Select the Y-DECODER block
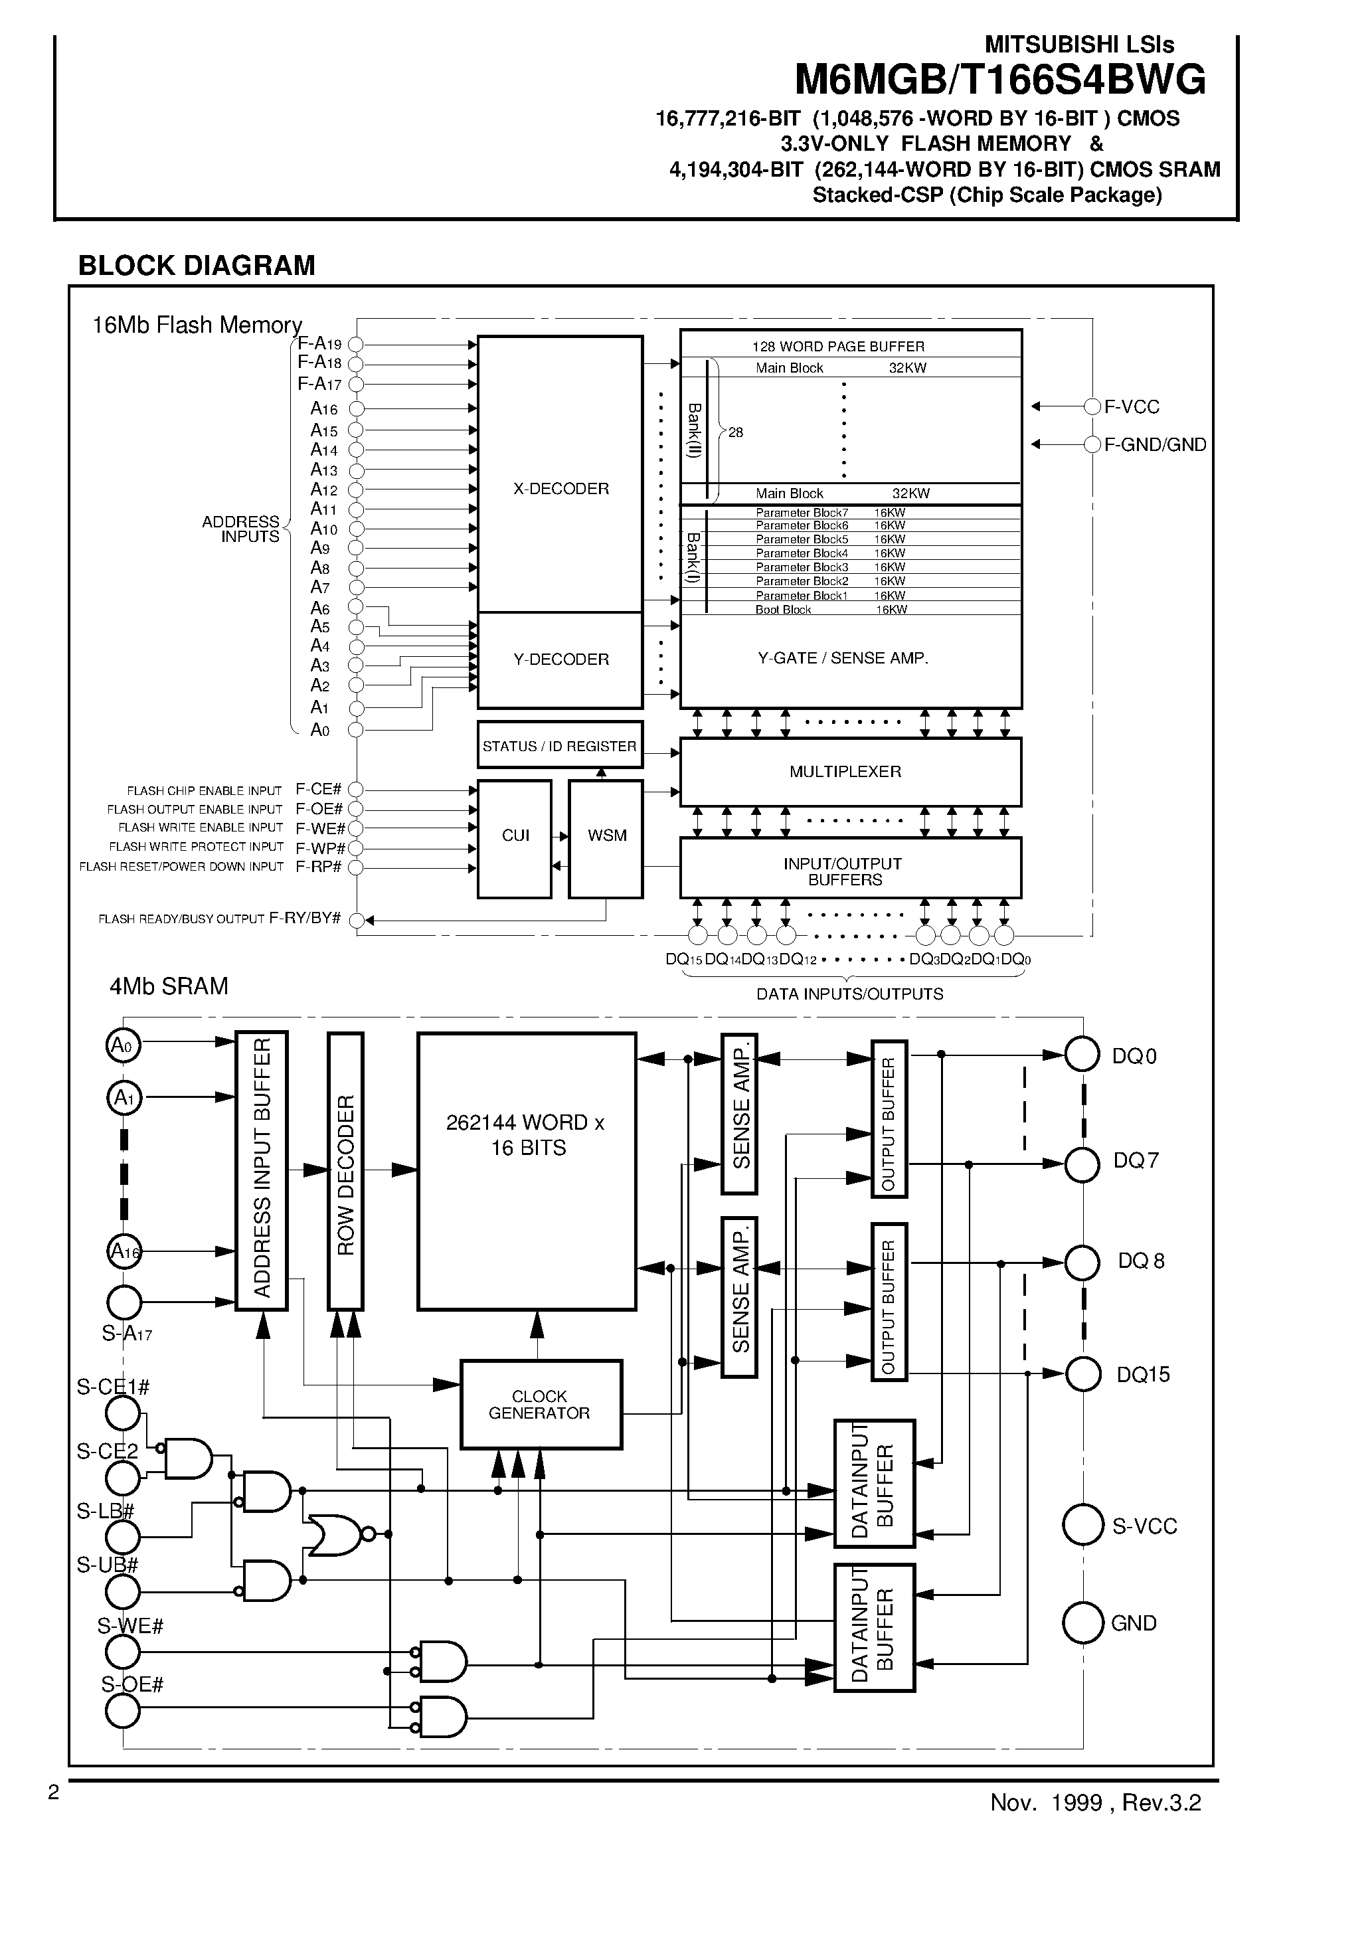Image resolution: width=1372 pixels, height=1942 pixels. click(x=560, y=660)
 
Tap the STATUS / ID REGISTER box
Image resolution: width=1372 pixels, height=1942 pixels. click(x=559, y=745)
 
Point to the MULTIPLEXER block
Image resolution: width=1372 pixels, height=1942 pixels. click(x=850, y=771)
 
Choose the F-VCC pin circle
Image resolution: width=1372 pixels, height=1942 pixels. click(x=1092, y=407)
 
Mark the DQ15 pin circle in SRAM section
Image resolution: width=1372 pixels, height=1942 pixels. click(x=1082, y=1373)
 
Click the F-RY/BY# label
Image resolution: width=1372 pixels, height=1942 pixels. click(x=305, y=919)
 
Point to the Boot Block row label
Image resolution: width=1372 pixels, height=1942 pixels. click(x=783, y=610)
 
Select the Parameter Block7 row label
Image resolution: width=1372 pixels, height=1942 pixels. click(x=801, y=513)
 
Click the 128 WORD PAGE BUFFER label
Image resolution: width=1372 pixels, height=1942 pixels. click(x=838, y=347)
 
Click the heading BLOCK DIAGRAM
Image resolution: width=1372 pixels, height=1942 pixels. click(x=197, y=266)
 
